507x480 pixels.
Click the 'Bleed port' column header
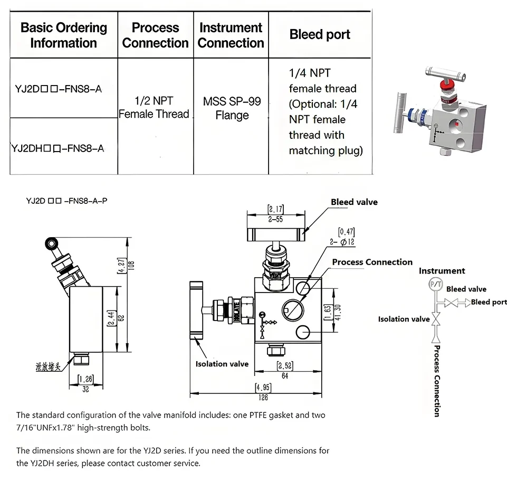click(x=320, y=35)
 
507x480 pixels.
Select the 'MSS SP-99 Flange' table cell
click(x=232, y=108)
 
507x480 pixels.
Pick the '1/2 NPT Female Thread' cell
click(x=154, y=107)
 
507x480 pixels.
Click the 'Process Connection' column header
click(x=155, y=35)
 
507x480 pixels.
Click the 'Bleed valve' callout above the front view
click(x=354, y=202)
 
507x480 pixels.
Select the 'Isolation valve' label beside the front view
click(x=222, y=364)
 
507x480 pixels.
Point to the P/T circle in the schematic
click(x=436, y=284)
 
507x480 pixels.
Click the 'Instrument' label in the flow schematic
click(x=442, y=271)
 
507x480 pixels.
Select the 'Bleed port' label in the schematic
click(x=489, y=302)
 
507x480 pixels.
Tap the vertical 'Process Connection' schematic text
click(x=436, y=381)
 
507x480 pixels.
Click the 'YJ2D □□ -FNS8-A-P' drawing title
click(x=66, y=201)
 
